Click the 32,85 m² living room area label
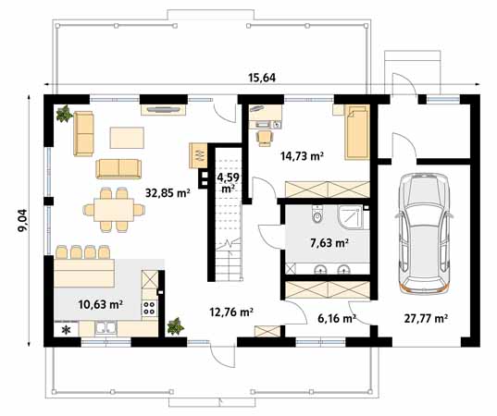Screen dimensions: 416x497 click(168, 193)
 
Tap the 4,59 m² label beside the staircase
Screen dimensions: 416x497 click(227, 180)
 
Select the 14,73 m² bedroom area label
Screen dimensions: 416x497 click(302, 157)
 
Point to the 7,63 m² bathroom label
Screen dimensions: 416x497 click(328, 243)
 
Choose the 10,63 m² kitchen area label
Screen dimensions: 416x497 click(102, 303)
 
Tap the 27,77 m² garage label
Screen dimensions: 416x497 click(427, 318)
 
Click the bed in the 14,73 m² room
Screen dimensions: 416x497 click(355, 131)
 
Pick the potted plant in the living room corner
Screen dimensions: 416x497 click(64, 115)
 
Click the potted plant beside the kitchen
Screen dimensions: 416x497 click(175, 326)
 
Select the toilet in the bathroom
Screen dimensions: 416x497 click(317, 218)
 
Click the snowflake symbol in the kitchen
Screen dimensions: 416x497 click(65, 329)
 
